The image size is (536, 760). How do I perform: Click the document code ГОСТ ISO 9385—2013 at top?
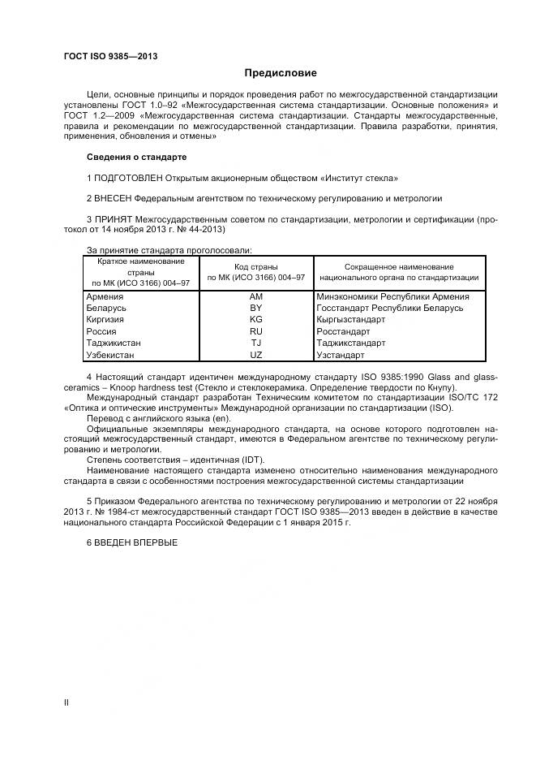pyautogui.click(x=110, y=56)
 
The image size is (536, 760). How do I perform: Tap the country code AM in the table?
pyautogui.click(x=255, y=297)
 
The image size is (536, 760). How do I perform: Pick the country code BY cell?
pyautogui.click(x=255, y=309)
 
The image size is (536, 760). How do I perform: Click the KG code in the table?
pyautogui.click(x=255, y=320)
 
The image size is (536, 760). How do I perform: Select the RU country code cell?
pyautogui.click(x=255, y=332)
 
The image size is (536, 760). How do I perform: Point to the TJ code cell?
pyautogui.click(x=255, y=343)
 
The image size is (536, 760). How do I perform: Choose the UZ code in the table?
pyautogui.click(x=255, y=355)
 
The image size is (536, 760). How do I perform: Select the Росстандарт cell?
pyautogui.click(x=342, y=332)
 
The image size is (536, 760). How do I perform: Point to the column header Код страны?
pyautogui.click(x=255, y=266)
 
